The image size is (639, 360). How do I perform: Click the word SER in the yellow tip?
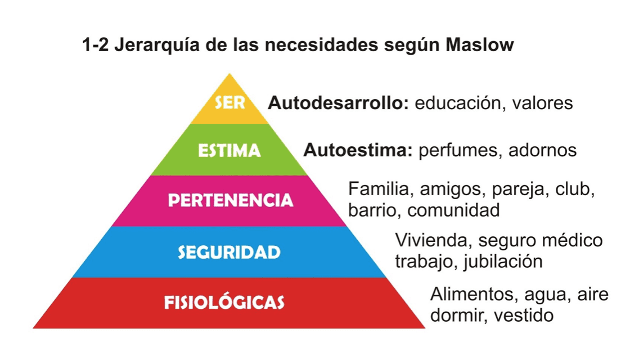tap(229, 104)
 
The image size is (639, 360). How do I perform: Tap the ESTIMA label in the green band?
tap(229, 151)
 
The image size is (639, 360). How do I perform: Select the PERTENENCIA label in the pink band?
tap(231, 200)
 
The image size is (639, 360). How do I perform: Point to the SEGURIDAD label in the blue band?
tap(229, 252)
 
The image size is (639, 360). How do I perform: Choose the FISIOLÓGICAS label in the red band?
tap(224, 303)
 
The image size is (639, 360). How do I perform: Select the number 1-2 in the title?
tap(96, 46)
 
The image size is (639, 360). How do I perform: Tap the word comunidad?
tap(453, 211)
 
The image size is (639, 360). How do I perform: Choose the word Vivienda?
tap(429, 240)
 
